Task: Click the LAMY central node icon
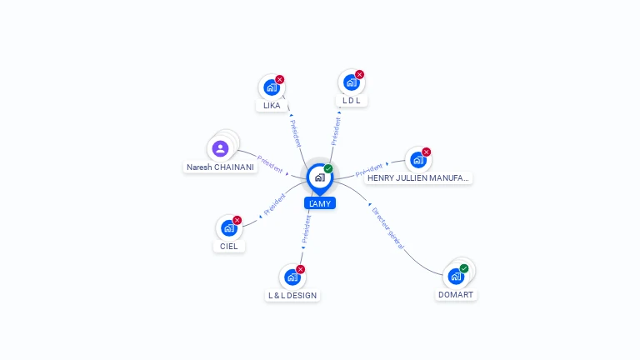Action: click(x=319, y=177)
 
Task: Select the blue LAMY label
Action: click(x=320, y=203)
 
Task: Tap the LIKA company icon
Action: click(x=271, y=87)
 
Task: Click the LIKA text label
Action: click(x=272, y=106)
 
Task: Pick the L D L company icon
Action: click(x=351, y=82)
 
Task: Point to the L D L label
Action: click(x=351, y=101)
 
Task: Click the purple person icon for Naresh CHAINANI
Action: click(x=220, y=149)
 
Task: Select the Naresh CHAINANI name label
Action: click(x=220, y=167)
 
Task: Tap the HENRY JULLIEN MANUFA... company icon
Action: click(x=417, y=160)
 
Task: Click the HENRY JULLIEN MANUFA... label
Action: click(x=418, y=178)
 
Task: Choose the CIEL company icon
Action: click(x=228, y=228)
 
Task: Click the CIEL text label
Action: click(x=229, y=247)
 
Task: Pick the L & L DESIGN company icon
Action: click(x=292, y=277)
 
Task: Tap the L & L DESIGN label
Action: click(x=292, y=295)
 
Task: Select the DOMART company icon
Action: click(x=455, y=276)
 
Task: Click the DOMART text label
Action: click(x=456, y=295)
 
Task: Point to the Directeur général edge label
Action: click(x=388, y=228)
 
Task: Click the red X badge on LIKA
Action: click(x=280, y=79)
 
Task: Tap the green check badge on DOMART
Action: click(x=464, y=268)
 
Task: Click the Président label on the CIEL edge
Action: click(x=274, y=206)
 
